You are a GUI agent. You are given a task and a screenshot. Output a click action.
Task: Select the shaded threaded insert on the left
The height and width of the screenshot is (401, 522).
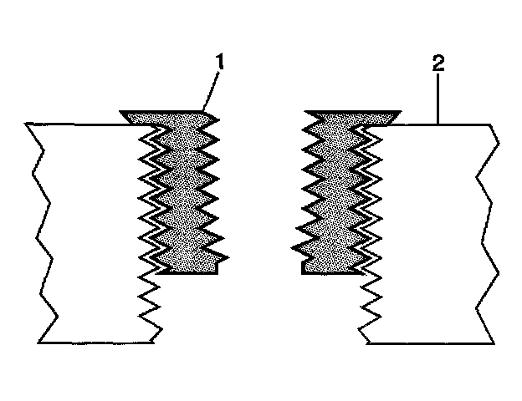[184, 192]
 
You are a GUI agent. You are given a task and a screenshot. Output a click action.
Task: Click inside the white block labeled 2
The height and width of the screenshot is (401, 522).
[427, 234]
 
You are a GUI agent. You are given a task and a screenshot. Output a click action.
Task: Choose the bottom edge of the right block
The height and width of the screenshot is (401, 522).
[427, 343]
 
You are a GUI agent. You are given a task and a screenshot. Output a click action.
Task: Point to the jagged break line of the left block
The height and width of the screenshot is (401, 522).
[38, 234]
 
